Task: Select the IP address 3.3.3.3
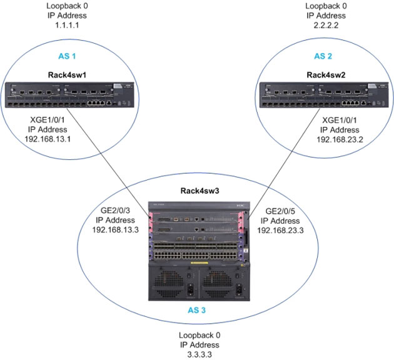click(199, 352)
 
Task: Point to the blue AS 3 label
click(198, 309)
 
